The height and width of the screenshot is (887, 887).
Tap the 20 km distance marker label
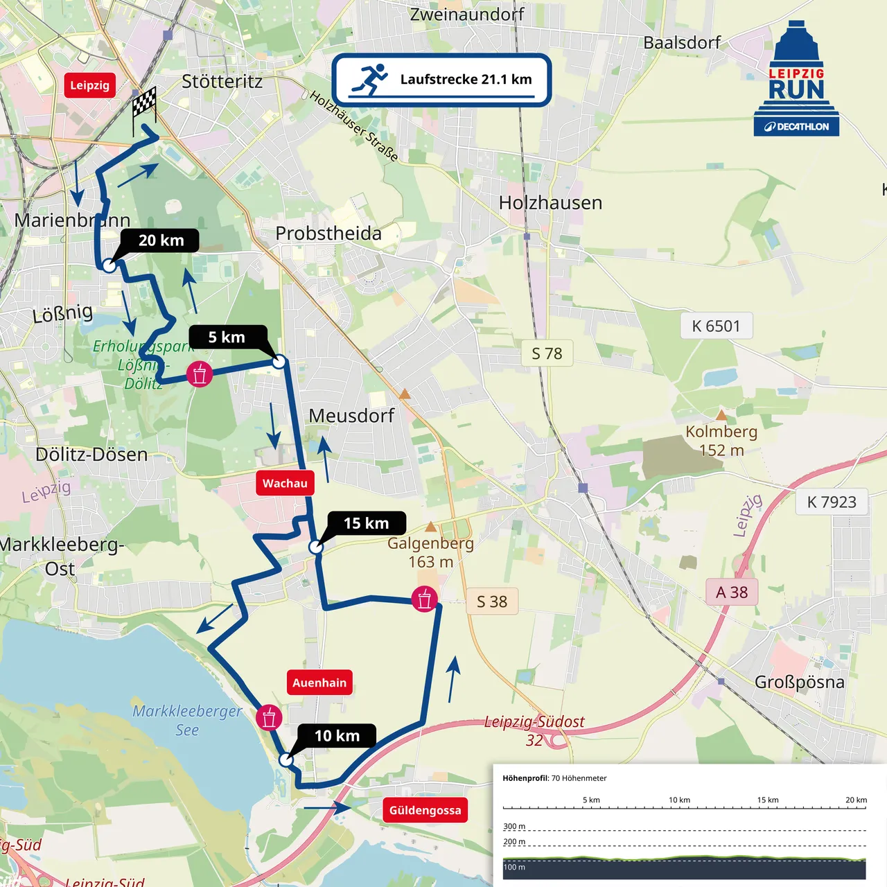[x=161, y=240]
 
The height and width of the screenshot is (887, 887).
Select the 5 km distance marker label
[x=227, y=337]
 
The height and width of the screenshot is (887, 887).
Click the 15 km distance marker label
[x=367, y=523]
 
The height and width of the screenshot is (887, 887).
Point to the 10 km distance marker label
[x=337, y=735]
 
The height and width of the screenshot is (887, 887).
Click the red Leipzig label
[x=89, y=85]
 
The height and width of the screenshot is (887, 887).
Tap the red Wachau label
[x=285, y=483]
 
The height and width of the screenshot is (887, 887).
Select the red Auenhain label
[x=319, y=683]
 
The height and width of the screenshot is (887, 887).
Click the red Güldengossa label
[x=425, y=810]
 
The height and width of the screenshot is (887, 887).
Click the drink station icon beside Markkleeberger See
[x=269, y=718]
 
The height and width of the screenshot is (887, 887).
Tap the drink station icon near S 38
[x=424, y=599]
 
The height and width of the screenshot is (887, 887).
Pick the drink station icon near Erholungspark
[x=200, y=374]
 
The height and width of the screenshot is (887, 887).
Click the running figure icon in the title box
[x=369, y=80]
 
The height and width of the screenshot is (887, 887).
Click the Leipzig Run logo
[x=797, y=80]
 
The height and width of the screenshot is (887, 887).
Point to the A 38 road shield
[x=732, y=592]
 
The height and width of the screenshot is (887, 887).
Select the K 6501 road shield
[x=716, y=326]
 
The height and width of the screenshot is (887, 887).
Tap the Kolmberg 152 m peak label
[x=721, y=441]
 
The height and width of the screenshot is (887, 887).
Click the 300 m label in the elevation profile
[x=514, y=826]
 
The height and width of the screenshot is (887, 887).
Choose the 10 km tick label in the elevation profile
[x=679, y=800]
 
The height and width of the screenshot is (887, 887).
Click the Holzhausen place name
[x=550, y=202]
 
